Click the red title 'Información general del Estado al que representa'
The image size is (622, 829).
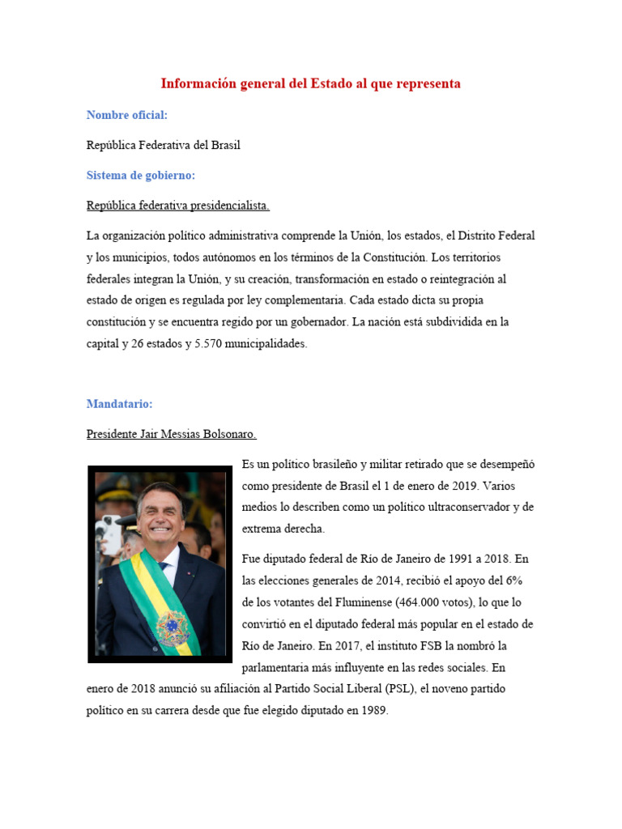coord(310,83)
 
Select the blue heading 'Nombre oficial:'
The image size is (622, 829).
coord(127,115)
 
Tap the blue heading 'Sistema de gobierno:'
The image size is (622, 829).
coord(141,175)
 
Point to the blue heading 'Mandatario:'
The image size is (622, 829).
coord(119,403)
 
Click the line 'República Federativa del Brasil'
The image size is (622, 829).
coord(163,145)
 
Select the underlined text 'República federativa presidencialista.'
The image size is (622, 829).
coord(177,206)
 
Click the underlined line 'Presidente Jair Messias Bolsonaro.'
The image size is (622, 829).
coord(171,434)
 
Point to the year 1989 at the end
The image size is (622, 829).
coord(375,711)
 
